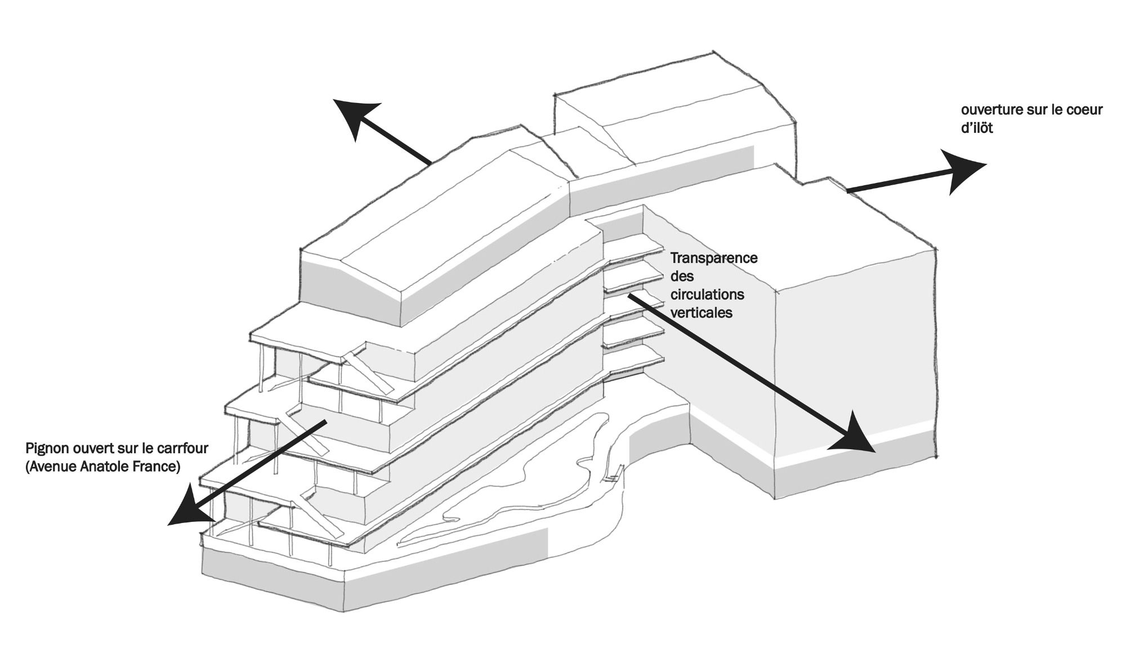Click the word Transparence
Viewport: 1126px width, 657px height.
click(714, 258)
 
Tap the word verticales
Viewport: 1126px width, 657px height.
click(701, 313)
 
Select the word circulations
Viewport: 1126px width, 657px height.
click(707, 295)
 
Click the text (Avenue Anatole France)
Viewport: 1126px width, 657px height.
click(103, 467)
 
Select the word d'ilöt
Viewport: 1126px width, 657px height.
click(977, 128)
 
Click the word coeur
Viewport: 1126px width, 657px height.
click(1083, 109)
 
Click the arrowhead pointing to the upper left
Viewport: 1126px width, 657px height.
click(355, 115)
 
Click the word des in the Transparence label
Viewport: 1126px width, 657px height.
click(682, 276)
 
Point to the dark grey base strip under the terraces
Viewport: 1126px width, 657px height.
click(270, 574)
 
